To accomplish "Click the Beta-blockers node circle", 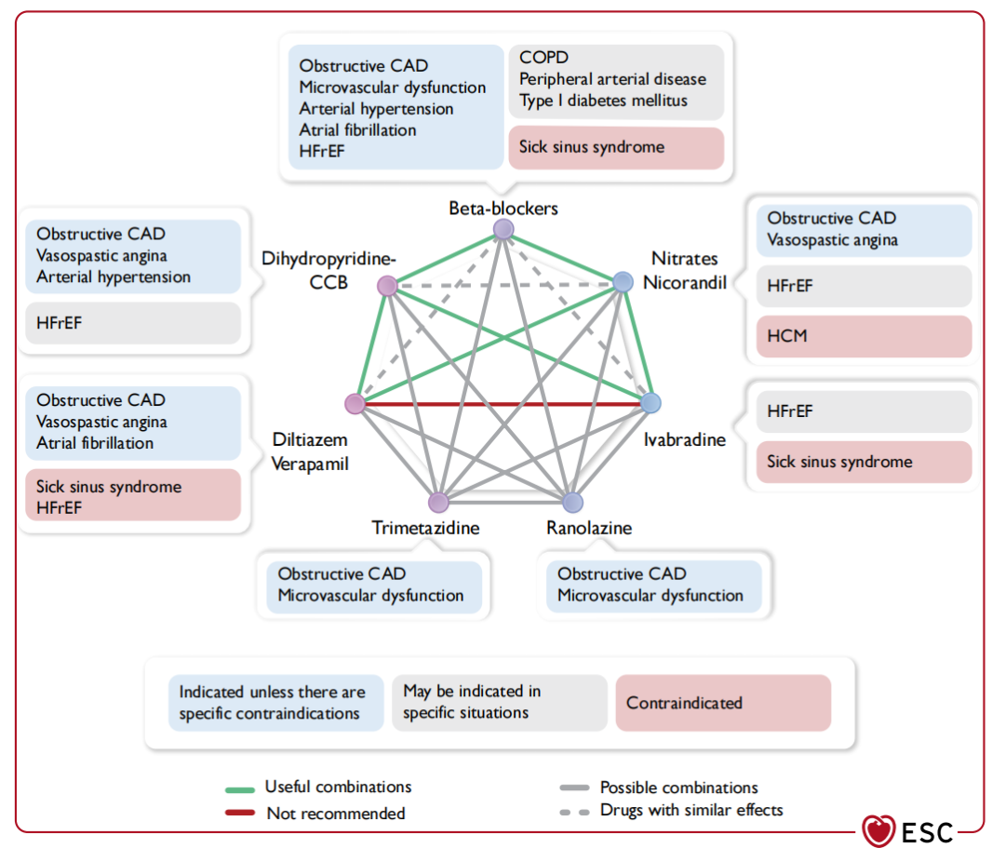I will [x=503, y=229].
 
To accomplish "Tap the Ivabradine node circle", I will [x=650, y=403].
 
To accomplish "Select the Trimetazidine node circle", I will [x=438, y=503].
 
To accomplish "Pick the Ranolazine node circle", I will [x=571, y=503].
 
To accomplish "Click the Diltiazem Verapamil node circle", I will [x=355, y=404].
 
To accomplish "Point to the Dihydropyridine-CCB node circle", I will [x=387, y=286].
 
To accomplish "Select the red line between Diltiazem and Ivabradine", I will [x=502, y=404].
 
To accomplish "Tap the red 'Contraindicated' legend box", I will [x=723, y=703].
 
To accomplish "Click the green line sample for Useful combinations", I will [x=240, y=788].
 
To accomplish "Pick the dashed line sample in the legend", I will [x=575, y=812].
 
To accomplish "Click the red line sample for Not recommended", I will [x=240, y=813].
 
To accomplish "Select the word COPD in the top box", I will [x=543, y=58].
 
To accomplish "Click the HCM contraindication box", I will [x=864, y=336].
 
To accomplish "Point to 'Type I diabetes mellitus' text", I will [x=603, y=101].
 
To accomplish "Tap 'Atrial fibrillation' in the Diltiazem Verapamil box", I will [x=95, y=443].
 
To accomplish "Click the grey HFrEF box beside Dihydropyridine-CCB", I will [x=133, y=323].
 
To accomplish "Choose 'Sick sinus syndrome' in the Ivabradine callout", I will [x=839, y=462].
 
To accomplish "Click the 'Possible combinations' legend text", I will [x=678, y=787].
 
